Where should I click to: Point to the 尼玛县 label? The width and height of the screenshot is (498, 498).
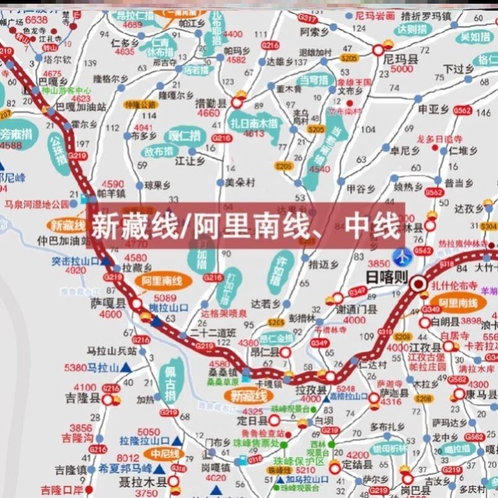(399, 59)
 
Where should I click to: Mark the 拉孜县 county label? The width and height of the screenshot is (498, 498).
(312, 388)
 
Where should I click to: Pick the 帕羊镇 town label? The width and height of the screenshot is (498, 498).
(112, 193)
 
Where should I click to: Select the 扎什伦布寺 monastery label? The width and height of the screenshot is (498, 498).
(455, 286)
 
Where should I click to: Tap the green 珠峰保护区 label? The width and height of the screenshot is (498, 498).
(303, 462)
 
